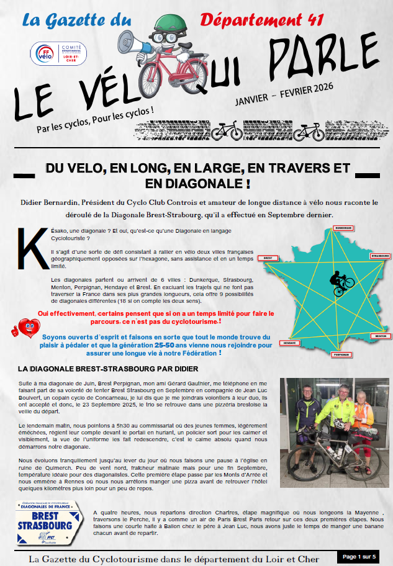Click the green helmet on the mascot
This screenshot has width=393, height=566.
point(162,24)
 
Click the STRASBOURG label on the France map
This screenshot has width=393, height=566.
point(380,256)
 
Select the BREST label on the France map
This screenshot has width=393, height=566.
point(269,258)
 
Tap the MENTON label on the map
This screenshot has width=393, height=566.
point(380,336)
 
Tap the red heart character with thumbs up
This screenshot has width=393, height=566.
point(24,327)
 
